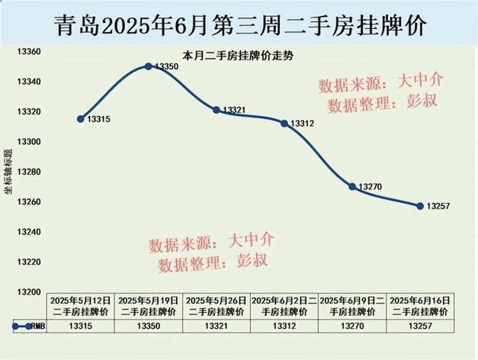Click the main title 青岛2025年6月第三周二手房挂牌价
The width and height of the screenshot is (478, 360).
tap(239, 24)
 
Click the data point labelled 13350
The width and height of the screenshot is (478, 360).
tap(149, 66)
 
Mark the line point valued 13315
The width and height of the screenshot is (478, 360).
tap(81, 119)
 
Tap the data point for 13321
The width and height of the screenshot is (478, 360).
tap(217, 110)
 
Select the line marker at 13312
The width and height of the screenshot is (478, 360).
tap(284, 123)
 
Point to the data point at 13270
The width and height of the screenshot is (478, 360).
tap(351, 186)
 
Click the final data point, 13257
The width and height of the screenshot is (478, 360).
tap(419, 205)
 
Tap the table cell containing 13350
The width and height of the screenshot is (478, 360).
tap(148, 326)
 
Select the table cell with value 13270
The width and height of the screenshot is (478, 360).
tap(351, 326)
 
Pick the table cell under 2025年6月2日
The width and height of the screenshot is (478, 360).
tap(284, 326)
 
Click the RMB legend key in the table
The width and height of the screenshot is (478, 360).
tap(23, 326)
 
